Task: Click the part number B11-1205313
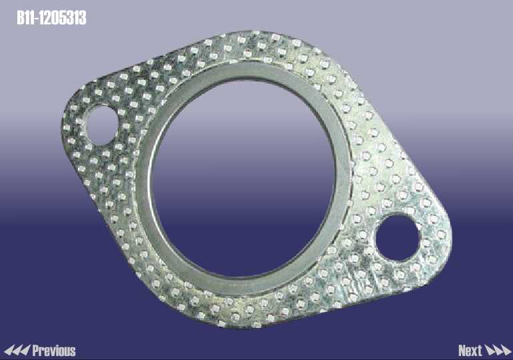coord(52,18)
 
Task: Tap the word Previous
coord(54,351)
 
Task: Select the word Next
coord(470,351)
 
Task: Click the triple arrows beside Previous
coord(17,351)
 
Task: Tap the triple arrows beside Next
coord(498,351)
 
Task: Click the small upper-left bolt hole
coord(101,125)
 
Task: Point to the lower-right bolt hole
coord(398,238)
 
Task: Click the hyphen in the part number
coord(37,19)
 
